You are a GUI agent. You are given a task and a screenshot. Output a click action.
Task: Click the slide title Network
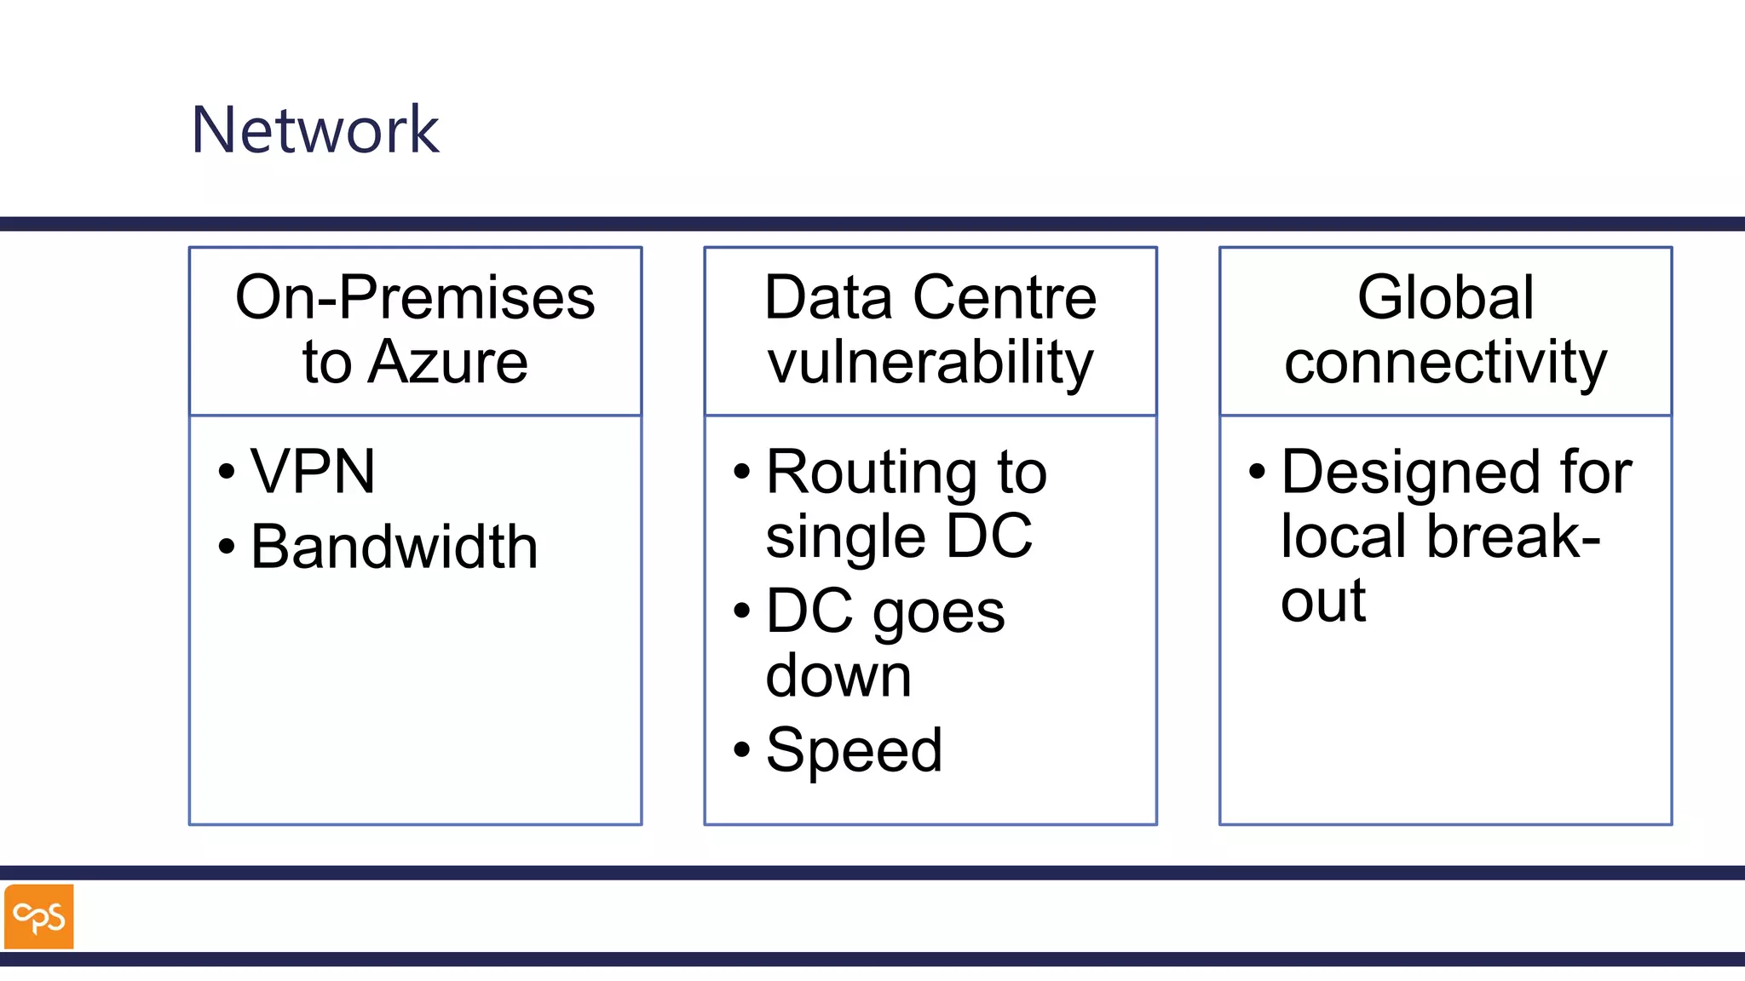coord(314,129)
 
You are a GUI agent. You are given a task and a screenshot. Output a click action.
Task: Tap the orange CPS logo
coord(39,916)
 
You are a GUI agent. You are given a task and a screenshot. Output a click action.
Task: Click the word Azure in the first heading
coord(448,363)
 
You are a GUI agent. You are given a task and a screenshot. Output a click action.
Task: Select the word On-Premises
coord(415,297)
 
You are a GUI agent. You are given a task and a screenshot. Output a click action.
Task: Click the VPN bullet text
coord(313,471)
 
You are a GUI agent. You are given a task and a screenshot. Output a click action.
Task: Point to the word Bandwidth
coord(394,547)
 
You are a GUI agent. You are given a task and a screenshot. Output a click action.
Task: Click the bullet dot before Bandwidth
coord(226,547)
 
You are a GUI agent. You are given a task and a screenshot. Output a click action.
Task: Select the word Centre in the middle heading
coord(1005,297)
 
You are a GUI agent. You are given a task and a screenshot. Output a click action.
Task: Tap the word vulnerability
coord(930,363)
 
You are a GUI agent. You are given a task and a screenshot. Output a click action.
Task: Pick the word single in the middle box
coord(845,537)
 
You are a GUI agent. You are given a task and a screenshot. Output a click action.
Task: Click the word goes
coord(939,612)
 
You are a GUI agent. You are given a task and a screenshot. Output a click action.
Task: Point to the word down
coord(838,676)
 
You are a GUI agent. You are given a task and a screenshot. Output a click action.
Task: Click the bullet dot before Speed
coord(741,750)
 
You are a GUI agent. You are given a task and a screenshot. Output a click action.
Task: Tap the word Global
coord(1445,297)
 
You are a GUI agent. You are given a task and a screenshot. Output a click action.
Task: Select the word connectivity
coord(1445,363)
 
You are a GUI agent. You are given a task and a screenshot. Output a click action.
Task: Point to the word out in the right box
coord(1322,601)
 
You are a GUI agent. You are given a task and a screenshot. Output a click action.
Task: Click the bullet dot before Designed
coord(1257,471)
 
